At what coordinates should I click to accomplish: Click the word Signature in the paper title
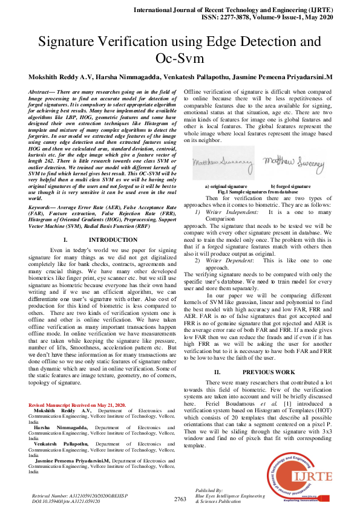[x=78, y=42]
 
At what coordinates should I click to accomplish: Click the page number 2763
[x=180, y=499]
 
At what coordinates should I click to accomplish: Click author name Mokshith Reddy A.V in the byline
[x=61, y=77]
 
